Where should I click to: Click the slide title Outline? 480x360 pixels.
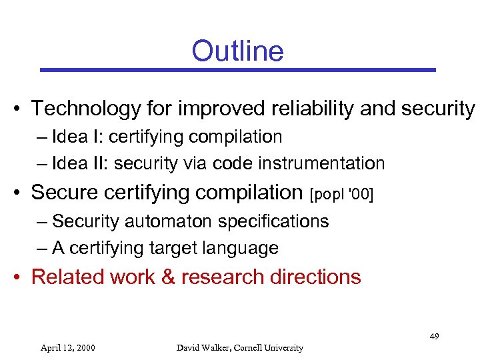[237, 51]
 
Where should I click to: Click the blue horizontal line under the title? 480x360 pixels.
[237, 69]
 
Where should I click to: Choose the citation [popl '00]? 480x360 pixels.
[342, 194]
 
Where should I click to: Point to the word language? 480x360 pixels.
[243, 249]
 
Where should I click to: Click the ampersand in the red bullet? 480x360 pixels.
[168, 277]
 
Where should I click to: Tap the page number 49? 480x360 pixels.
[434, 337]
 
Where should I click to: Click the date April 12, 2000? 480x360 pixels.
[67, 347]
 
